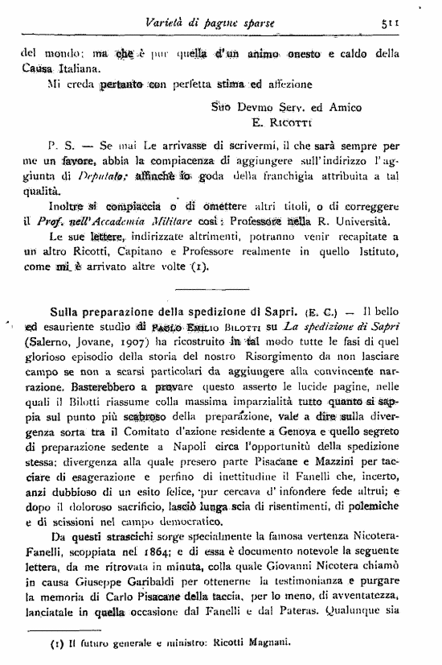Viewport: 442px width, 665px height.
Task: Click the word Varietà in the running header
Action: click(x=170, y=23)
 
